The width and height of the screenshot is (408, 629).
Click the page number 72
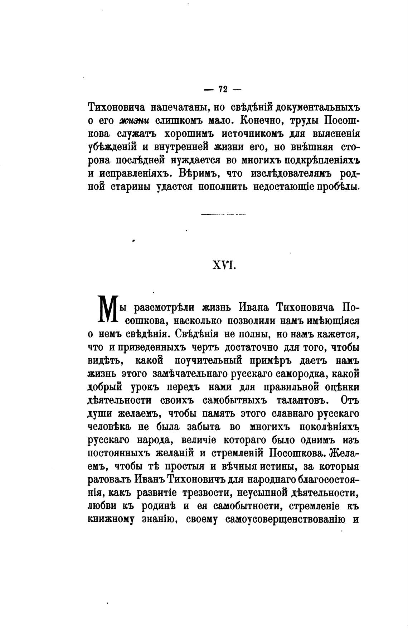pos(223,90)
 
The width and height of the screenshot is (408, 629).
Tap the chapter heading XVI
pos(223,265)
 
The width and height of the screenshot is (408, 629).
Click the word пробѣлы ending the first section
pos(338,187)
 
